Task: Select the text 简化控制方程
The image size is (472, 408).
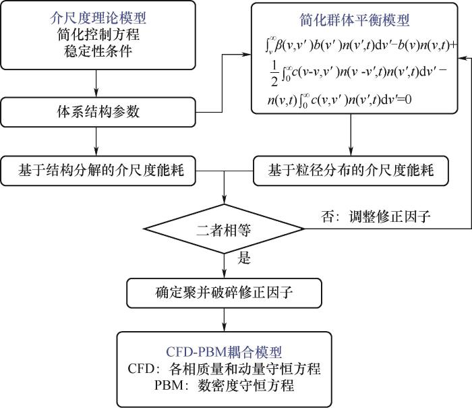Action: [97, 34]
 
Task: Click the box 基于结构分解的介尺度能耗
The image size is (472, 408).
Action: [98, 169]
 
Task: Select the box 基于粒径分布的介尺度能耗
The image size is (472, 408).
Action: [351, 169]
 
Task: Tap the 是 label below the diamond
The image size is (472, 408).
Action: [244, 258]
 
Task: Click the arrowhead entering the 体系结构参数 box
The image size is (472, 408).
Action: [98, 94]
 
